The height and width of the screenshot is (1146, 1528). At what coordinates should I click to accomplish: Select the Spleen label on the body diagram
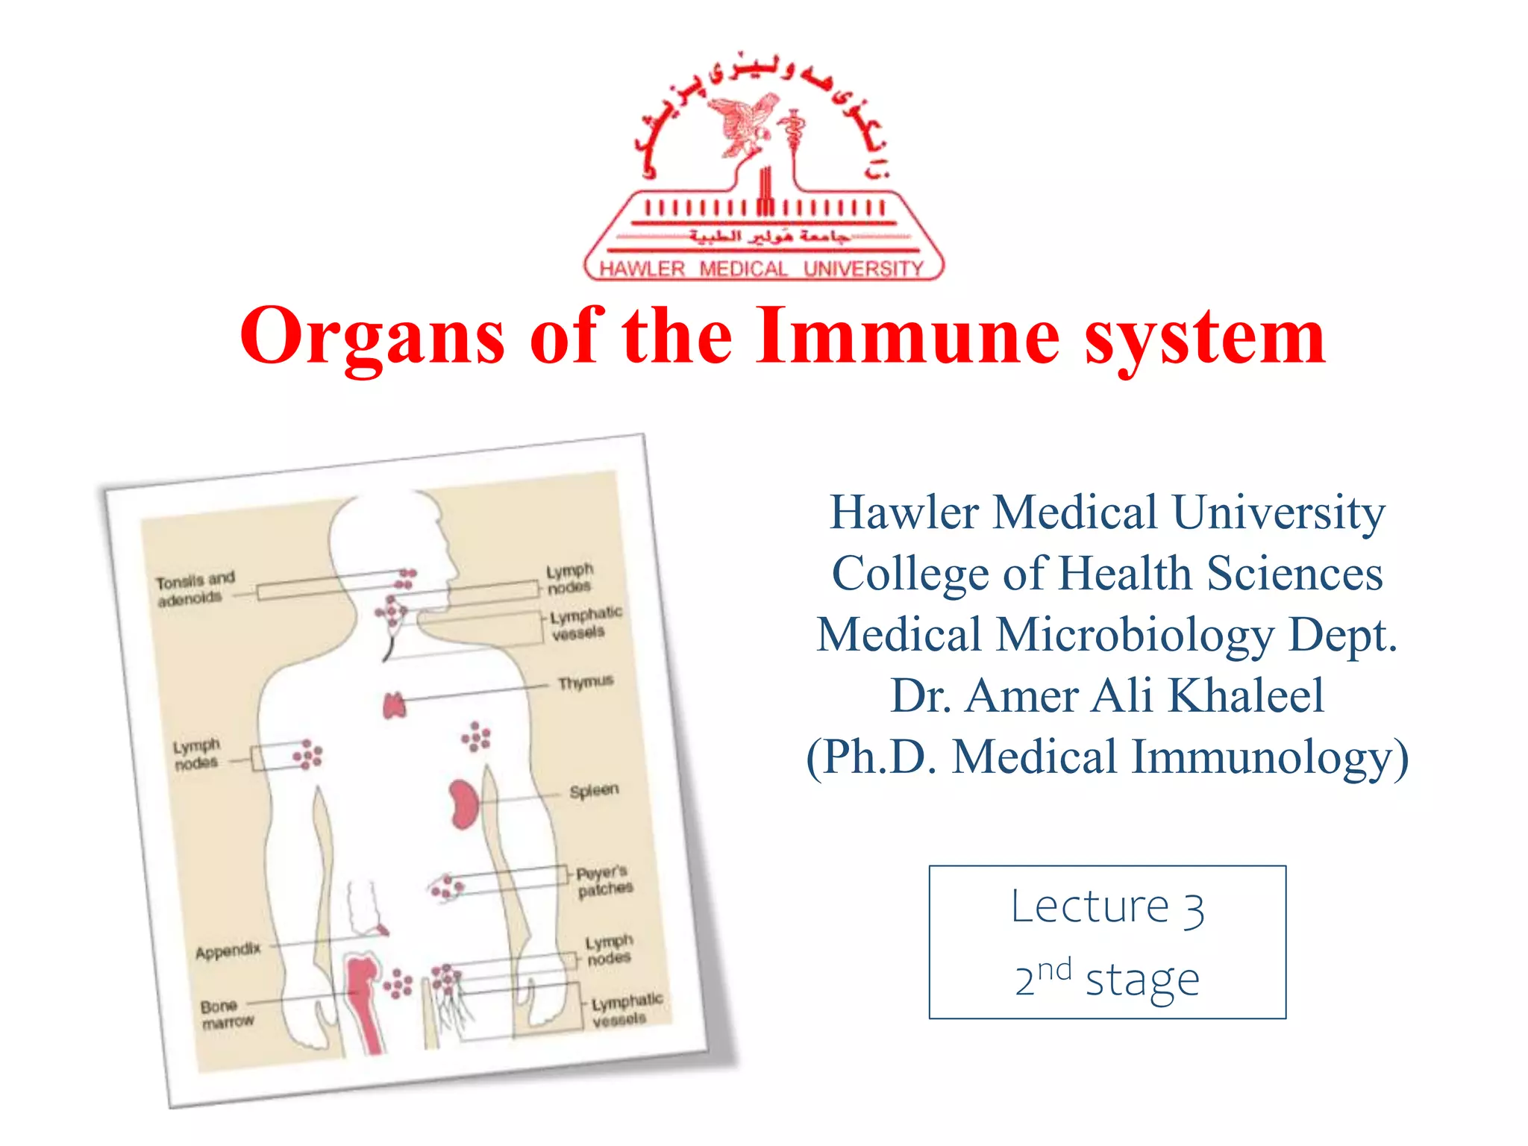[x=594, y=790]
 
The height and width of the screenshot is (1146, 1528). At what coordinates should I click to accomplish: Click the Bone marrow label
[x=227, y=1014]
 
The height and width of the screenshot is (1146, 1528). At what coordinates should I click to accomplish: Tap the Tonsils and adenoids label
[x=194, y=588]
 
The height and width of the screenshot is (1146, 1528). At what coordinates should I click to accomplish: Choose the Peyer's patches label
[x=604, y=880]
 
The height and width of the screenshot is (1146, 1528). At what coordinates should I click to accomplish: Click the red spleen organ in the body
[x=463, y=804]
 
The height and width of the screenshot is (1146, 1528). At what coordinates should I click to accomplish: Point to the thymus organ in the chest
[x=394, y=705]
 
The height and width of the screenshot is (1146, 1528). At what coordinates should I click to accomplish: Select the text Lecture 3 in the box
[x=1107, y=908]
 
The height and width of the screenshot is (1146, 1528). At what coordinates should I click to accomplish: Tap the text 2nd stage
[x=1107, y=979]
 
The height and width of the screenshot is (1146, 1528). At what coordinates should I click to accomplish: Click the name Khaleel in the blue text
[x=1245, y=695]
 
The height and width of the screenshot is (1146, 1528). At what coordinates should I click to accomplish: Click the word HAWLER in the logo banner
[x=642, y=269]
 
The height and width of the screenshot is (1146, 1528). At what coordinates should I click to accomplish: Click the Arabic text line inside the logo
[x=768, y=237]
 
